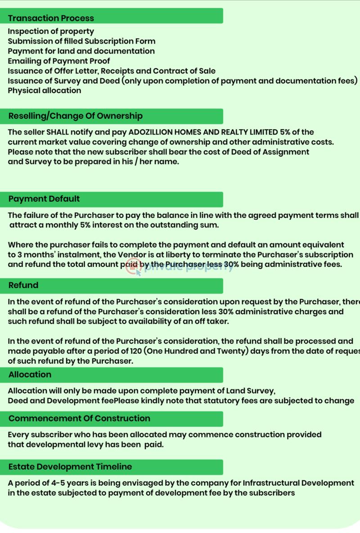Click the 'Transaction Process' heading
(51, 18)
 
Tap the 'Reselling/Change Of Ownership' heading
(75, 116)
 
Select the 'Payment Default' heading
(44, 199)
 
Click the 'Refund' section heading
(23, 285)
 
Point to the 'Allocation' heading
(30, 374)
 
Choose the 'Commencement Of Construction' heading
(79, 418)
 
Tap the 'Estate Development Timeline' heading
(70, 466)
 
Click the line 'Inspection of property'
(51, 31)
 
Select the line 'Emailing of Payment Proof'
(58, 61)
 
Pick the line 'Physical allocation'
(45, 90)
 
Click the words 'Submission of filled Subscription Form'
(81, 41)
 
